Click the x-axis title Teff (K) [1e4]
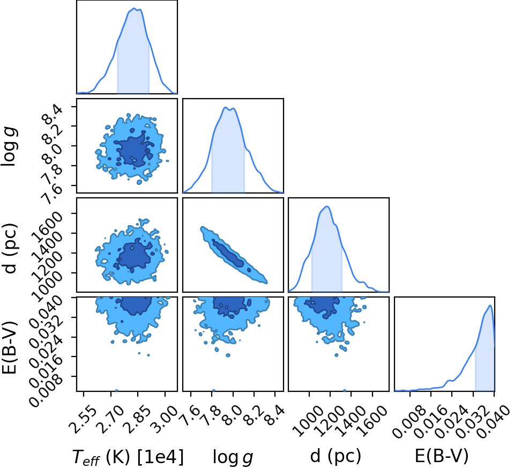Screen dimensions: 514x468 point(128,457)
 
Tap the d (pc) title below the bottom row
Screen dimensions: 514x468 point(336,456)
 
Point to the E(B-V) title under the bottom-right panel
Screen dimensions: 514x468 point(442,456)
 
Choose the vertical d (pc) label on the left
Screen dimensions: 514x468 point(9,248)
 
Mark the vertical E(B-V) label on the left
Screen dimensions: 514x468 point(9,347)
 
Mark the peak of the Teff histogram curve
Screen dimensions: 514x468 point(134,8)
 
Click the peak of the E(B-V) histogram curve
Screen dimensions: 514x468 point(490,306)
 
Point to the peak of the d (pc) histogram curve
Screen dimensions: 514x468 point(327,206)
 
